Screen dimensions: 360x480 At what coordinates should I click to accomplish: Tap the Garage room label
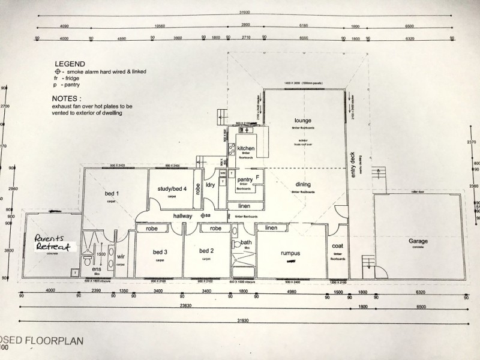pyautogui.click(x=418, y=241)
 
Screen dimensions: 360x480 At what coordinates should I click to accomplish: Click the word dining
pyautogui.click(x=302, y=185)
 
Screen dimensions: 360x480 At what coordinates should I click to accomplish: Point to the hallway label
pyautogui.click(x=183, y=215)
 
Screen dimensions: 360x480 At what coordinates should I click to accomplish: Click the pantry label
pyautogui.click(x=244, y=179)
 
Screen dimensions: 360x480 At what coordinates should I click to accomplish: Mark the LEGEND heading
pyautogui.click(x=70, y=63)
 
